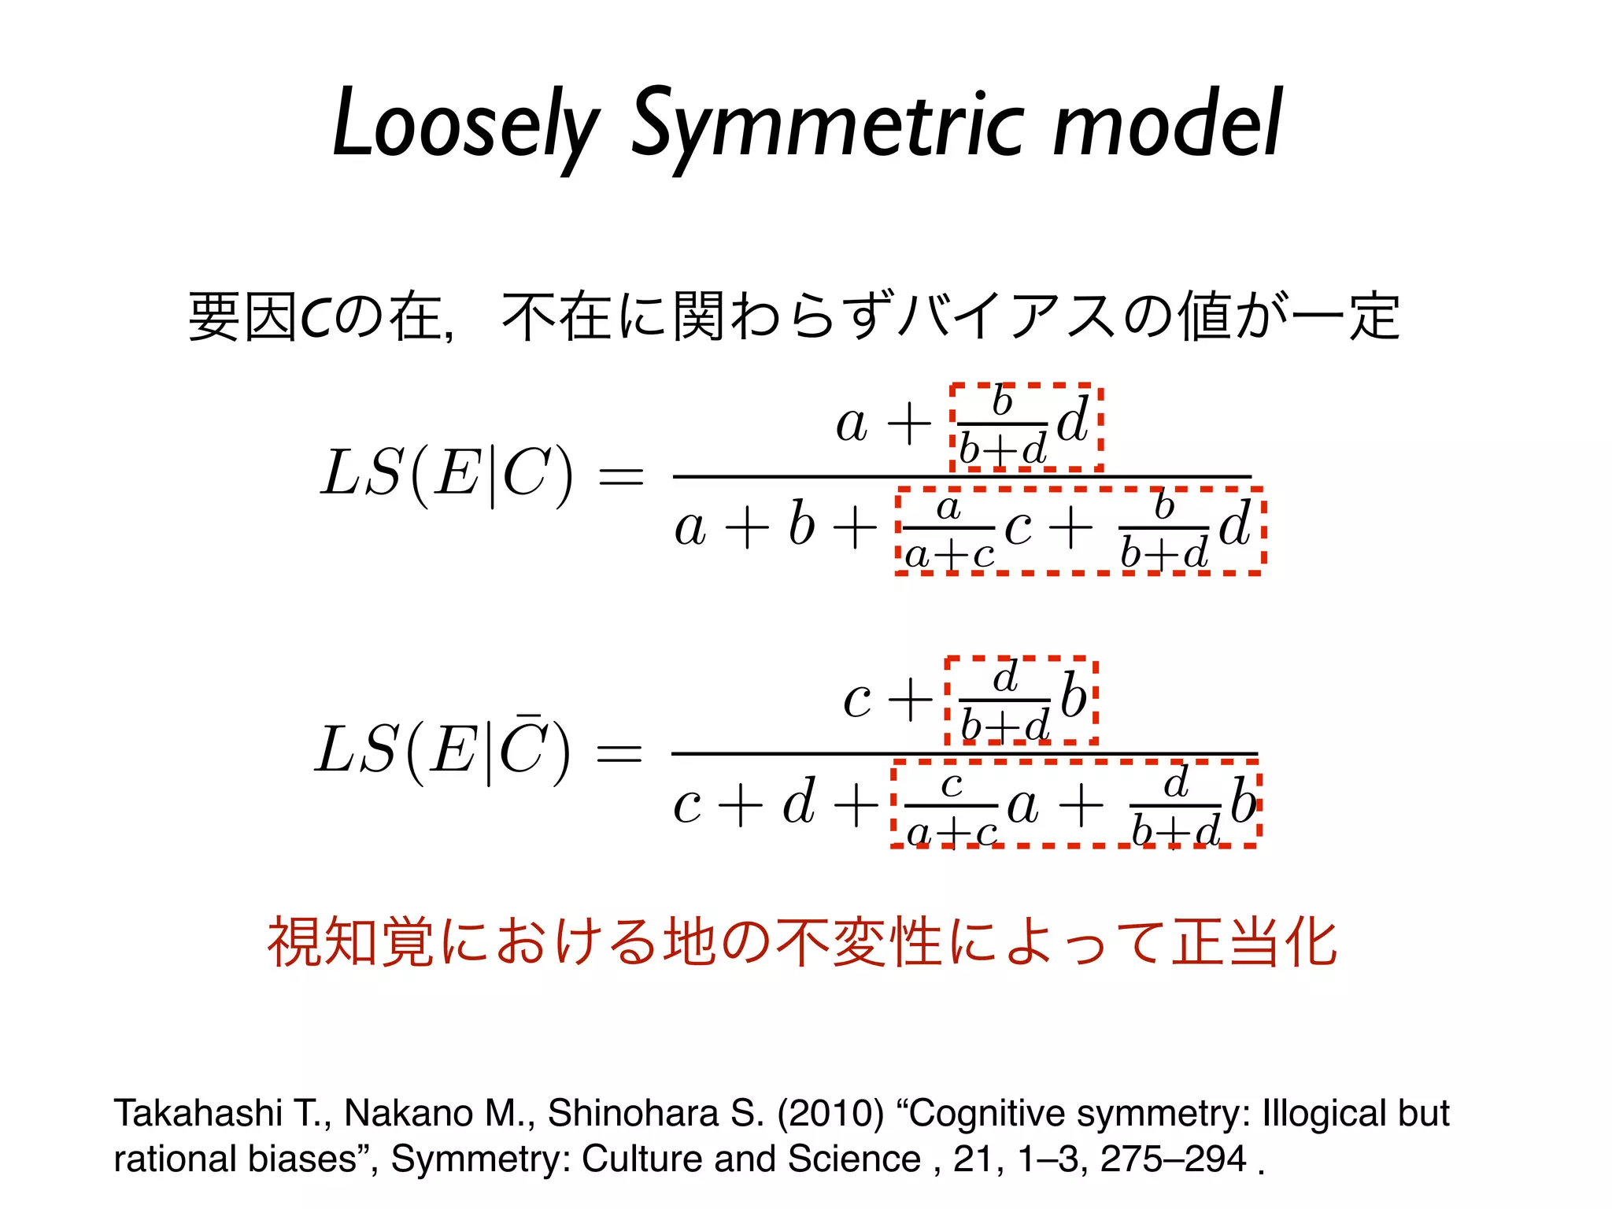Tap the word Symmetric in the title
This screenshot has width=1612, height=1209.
pyautogui.click(x=826, y=126)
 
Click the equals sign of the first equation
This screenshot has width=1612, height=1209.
pyautogui.click(x=621, y=477)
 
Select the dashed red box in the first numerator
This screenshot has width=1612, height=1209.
pyautogui.click(x=1025, y=427)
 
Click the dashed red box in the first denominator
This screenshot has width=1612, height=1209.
pyautogui.click(x=1079, y=531)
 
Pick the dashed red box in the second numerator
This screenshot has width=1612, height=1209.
pyautogui.click(x=1021, y=701)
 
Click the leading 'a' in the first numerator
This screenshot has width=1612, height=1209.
pyautogui.click(x=852, y=425)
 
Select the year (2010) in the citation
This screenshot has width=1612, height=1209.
pyautogui.click(x=830, y=1113)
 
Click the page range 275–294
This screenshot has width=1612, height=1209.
pyautogui.click(x=1173, y=1159)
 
